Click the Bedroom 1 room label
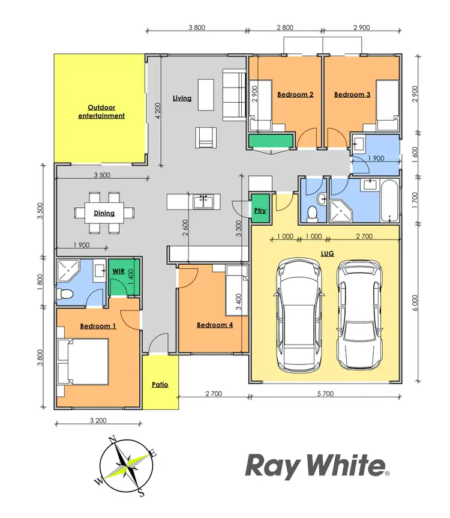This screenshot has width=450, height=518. pyautogui.click(x=98, y=326)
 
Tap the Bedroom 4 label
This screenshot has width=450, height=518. pyautogui.click(x=215, y=325)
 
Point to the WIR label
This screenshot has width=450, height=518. pyautogui.click(x=119, y=271)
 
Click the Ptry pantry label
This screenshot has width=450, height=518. pyautogui.click(x=260, y=211)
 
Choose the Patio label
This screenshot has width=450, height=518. pyautogui.click(x=160, y=385)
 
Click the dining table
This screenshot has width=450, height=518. pyautogui.click(x=104, y=212)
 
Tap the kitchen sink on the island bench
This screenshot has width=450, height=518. pyautogui.click(x=203, y=202)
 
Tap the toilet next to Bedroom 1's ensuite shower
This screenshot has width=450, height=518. pyautogui.click(x=64, y=294)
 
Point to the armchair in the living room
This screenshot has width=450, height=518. pyautogui.click(x=205, y=137)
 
